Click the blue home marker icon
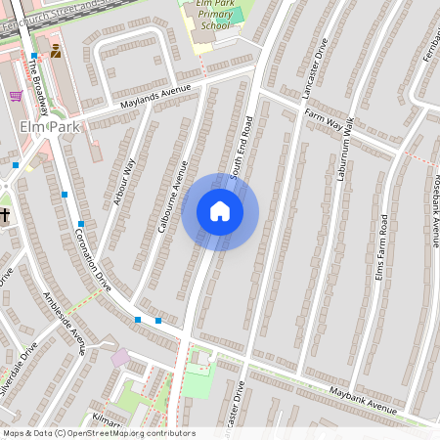pos(220,210)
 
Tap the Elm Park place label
pos(41,127)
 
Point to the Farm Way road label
pos(326,119)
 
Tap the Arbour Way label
pos(124,183)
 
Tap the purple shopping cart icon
pos(16,96)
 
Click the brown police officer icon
pos(56,51)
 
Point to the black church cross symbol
pos(4,214)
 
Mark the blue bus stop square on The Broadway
pos(34,56)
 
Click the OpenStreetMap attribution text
pos(99,433)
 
